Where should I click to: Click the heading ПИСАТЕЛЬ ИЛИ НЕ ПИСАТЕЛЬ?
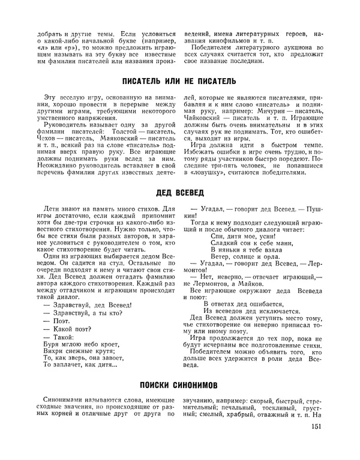[x=179, y=80]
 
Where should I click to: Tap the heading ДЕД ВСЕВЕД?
[x=179, y=193]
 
